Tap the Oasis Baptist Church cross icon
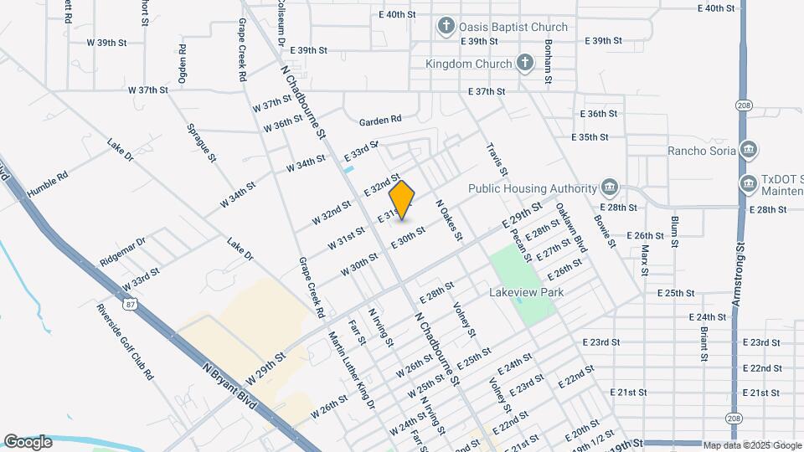tap(447, 27)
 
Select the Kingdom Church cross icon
tap(524, 63)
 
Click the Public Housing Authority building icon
tap(609, 187)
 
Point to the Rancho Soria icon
tap(750, 151)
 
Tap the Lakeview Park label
tap(527, 292)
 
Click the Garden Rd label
tap(381, 121)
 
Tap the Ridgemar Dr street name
tap(122, 249)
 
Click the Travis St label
tap(497, 159)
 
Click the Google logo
tap(28, 442)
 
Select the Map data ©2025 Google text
tap(750, 445)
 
